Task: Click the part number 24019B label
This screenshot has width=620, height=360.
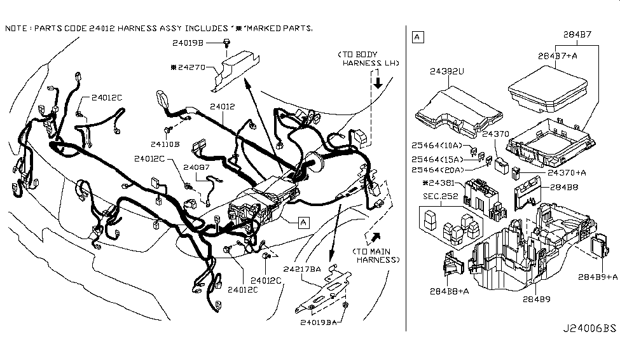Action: click(188, 43)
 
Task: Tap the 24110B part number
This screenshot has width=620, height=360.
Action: click(165, 144)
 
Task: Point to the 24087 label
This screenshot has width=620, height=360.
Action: click(196, 167)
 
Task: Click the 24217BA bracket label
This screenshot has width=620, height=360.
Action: click(302, 269)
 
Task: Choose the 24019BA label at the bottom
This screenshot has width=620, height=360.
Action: click(319, 322)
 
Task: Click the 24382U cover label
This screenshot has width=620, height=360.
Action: click(447, 71)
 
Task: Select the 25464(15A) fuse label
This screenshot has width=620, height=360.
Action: click(437, 160)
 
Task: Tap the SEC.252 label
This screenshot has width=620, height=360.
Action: click(441, 197)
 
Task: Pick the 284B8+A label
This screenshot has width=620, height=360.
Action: click(449, 291)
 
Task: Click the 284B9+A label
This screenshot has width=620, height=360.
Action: click(598, 277)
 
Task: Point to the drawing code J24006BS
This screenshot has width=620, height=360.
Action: click(589, 328)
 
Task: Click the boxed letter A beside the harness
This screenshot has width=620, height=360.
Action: click(303, 223)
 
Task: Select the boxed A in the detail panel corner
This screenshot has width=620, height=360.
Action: click(418, 37)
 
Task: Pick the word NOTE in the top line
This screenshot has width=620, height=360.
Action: click(16, 29)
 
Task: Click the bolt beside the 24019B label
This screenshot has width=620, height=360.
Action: click(227, 43)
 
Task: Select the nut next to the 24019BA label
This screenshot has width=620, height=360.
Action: click(345, 305)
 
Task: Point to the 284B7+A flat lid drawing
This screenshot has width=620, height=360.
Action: click(548, 89)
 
